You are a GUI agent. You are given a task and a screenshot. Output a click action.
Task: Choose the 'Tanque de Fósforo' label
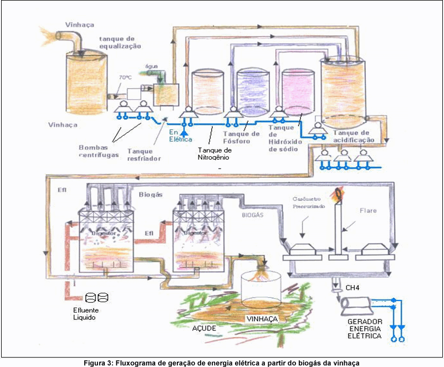[x=241, y=137]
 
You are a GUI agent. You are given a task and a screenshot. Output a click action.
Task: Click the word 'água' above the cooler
[x=151, y=65]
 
